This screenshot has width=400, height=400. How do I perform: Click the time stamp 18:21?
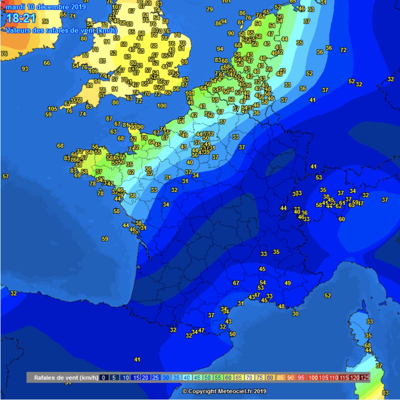tap(21, 18)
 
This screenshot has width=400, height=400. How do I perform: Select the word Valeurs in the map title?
tap(17, 30)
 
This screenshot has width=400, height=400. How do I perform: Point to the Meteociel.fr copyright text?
tap(224, 391)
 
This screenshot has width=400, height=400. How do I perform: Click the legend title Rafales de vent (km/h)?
tap(66, 378)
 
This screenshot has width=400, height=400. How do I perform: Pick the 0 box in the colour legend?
tap(104, 378)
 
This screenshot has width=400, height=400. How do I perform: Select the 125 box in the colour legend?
tap(365, 378)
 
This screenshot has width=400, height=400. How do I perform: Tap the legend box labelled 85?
tap(280, 378)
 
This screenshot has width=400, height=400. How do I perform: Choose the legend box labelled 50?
tap(207, 378)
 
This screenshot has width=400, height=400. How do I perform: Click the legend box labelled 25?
tap(155, 378)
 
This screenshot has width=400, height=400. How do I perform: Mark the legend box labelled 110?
tap(334, 378)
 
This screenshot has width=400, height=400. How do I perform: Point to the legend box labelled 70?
tap(249, 378)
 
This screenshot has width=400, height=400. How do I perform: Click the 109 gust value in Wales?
tap(93, 71)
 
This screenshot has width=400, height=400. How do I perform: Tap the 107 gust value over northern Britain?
tap(116, 7)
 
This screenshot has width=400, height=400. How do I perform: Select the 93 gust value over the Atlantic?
tap(25, 69)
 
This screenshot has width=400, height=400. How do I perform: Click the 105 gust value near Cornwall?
tap(53, 109)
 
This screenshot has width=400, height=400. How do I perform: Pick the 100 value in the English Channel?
tap(162, 106)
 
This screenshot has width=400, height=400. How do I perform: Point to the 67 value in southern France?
tap(236, 283)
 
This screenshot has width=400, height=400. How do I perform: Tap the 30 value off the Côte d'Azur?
tap(295, 314)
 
